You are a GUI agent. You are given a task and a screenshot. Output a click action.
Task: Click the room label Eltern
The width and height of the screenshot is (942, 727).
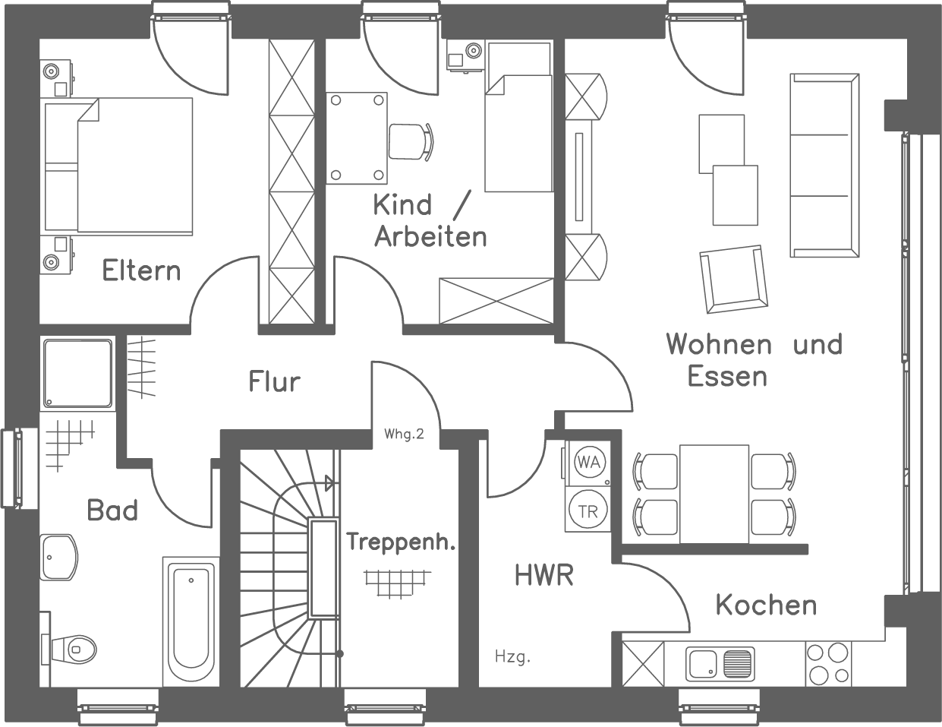[141, 270]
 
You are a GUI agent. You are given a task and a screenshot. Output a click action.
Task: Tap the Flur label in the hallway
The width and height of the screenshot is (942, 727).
[274, 381]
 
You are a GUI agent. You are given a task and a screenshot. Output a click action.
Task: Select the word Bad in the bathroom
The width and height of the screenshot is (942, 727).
[112, 510]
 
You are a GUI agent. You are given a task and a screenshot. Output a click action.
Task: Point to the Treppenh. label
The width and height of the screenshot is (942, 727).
[401, 542]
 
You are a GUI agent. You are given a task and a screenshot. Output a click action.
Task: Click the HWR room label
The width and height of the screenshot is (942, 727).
[543, 575]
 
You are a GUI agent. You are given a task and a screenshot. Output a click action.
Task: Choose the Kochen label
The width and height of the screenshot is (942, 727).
[766, 605]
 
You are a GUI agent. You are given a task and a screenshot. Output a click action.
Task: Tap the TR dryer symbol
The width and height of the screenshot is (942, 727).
[587, 511]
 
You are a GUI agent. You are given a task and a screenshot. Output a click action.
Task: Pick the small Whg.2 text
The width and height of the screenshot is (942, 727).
[404, 435]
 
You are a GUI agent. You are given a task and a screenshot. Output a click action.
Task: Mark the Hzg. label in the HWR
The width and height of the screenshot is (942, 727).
[512, 656]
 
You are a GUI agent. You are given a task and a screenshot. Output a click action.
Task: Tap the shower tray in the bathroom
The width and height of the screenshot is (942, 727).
[77, 372]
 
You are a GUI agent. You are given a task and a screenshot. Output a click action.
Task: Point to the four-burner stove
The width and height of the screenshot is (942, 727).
[827, 664]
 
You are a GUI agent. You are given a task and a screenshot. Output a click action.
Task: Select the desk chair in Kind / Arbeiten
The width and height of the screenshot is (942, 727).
[410, 141]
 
